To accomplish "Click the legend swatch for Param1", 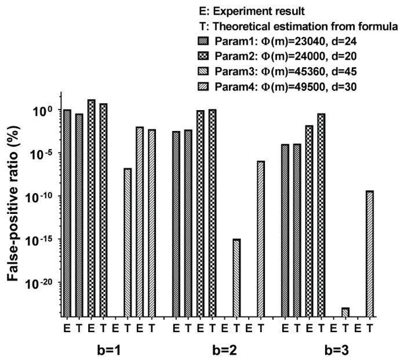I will [x=203, y=41].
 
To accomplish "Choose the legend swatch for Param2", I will [x=203, y=56].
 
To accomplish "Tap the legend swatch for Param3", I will [x=203, y=71].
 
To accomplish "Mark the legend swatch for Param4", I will [x=203, y=86].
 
